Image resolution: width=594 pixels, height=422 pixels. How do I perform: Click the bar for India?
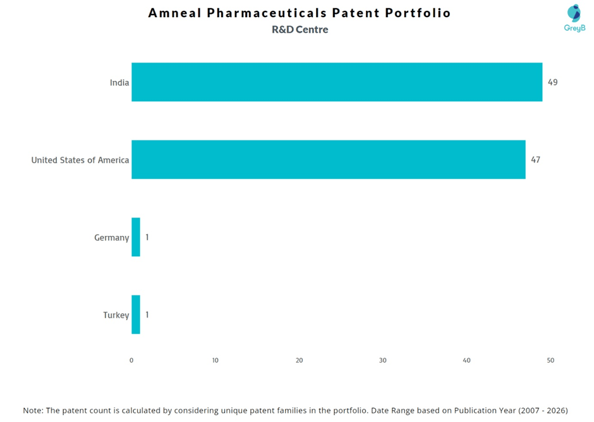337,82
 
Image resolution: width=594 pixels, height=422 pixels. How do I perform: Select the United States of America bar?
329,159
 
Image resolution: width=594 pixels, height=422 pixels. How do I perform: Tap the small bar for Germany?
136,237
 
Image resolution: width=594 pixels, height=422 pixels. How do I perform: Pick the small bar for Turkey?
136,314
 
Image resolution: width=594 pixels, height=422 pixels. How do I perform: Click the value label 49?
553,82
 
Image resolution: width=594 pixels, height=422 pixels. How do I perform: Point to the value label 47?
536,159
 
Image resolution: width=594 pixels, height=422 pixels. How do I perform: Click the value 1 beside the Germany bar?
147,237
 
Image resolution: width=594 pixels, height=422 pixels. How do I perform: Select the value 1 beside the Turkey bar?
147,314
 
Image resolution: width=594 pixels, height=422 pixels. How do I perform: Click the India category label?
119,83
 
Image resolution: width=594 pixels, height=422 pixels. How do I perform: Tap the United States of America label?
80,160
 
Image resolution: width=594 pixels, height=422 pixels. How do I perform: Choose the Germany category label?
112,238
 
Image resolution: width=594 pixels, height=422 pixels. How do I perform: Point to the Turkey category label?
116,315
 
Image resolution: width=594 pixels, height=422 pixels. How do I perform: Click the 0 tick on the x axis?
131,360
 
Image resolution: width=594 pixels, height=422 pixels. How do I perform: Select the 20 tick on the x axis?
300,360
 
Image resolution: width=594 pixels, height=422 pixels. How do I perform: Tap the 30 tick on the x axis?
383,360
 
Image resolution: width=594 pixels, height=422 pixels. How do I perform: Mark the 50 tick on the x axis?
550,360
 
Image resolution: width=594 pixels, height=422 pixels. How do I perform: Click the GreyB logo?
574,18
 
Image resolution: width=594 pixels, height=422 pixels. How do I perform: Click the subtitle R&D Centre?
300,30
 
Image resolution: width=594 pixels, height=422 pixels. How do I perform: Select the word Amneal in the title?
174,13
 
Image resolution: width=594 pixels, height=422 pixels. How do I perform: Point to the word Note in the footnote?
33,410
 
